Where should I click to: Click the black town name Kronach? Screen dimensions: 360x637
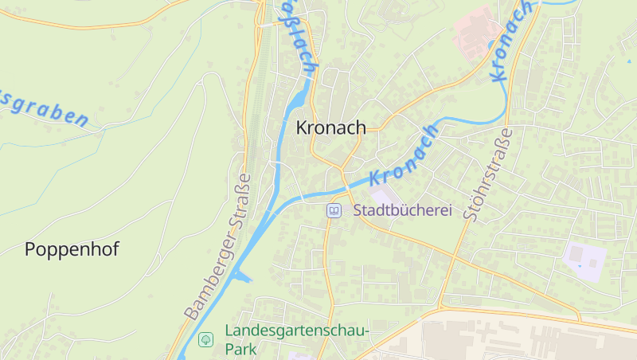coord(330,127)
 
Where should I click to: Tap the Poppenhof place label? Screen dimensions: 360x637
coord(72,249)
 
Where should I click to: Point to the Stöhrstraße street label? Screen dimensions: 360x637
coord(488,174)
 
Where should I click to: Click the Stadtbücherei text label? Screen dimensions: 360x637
coord(402,211)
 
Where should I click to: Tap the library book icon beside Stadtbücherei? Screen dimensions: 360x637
coord(334,211)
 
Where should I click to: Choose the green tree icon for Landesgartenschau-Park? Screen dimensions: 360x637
coord(205,339)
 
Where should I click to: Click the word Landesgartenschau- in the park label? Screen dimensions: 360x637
coord(298,331)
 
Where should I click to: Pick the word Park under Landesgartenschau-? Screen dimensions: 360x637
coord(241,349)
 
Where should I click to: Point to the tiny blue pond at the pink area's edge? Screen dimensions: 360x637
coord(491,45)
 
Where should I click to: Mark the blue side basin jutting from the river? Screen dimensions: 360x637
coord(242,277)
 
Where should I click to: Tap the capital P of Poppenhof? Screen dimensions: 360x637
coord(31,249)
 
